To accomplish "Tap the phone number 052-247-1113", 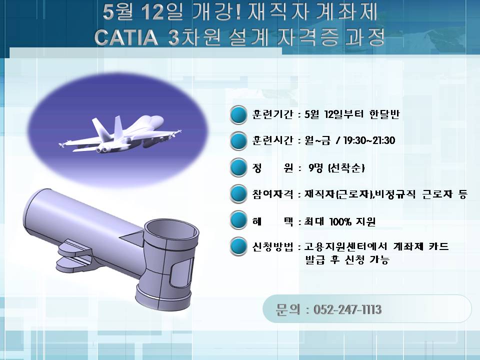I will tap(347, 310).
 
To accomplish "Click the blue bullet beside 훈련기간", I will tap(238, 114).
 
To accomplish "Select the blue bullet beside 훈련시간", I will tap(238, 141).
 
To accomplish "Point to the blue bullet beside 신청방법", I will tap(238, 246).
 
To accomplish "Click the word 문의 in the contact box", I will tap(286, 310).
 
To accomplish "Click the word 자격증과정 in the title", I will tap(330, 38).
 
